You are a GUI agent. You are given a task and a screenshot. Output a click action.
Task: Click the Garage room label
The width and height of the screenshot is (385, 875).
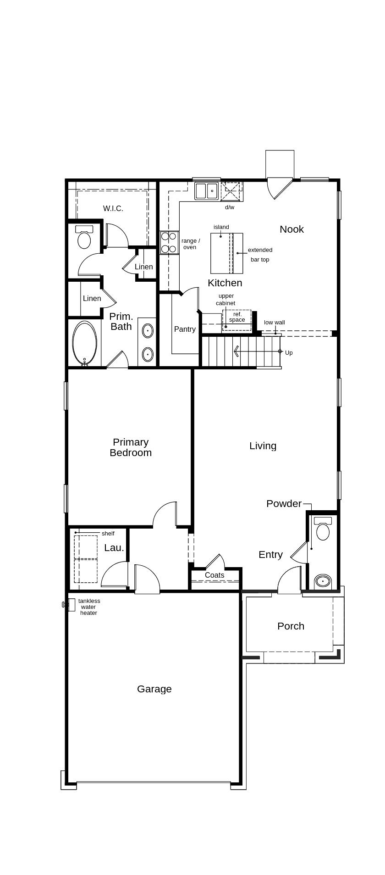click(x=154, y=689)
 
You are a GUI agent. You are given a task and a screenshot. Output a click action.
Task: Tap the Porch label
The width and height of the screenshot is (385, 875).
click(x=291, y=626)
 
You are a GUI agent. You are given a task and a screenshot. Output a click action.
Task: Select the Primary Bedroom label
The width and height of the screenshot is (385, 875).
click(x=131, y=447)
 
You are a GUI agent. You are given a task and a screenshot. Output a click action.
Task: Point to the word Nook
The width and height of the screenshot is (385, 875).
click(x=291, y=229)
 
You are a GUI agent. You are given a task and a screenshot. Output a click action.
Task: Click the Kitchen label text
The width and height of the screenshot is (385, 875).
click(x=225, y=283)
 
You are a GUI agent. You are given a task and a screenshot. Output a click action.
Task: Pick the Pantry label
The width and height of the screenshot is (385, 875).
click(x=185, y=329)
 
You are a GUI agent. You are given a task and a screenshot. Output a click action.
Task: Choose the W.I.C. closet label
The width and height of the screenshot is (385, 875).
click(x=113, y=208)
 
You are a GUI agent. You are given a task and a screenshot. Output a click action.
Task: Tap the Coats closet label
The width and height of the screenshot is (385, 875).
click(x=214, y=575)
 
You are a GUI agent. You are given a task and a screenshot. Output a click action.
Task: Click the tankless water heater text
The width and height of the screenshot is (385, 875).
click(x=89, y=607)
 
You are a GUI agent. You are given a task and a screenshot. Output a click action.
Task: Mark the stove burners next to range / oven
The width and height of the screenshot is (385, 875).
click(x=169, y=243)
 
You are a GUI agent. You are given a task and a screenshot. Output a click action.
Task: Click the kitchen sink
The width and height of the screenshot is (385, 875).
click(x=206, y=191)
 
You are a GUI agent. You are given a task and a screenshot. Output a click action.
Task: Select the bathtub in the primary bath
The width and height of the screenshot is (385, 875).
click(x=85, y=343)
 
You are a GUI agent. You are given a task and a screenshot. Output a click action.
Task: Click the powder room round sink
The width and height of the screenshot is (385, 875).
click(x=323, y=581)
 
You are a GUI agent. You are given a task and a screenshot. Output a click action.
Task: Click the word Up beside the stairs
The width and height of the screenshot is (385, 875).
click(x=289, y=353)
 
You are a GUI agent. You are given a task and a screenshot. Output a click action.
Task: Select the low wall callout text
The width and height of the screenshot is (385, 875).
click(x=274, y=323)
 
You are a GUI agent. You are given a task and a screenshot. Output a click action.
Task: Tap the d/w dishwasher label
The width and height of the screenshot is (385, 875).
click(x=230, y=207)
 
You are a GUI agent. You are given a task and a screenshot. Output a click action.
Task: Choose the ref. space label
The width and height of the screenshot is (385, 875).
click(x=237, y=317)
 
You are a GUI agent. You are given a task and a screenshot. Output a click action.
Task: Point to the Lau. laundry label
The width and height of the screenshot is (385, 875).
click(x=114, y=547)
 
